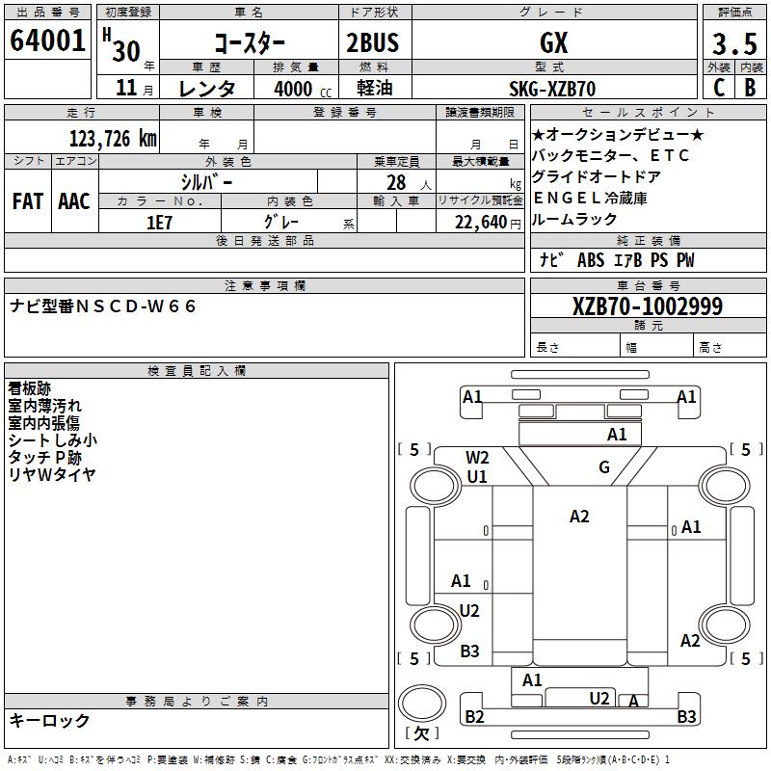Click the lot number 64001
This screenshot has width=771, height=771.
(47, 40)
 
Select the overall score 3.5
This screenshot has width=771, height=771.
(734, 43)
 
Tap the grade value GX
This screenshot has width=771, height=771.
(553, 42)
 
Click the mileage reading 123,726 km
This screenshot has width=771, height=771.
(113, 139)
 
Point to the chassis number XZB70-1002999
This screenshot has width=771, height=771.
(648, 306)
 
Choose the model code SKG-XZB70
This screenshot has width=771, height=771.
(552, 89)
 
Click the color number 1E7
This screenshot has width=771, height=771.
(159, 223)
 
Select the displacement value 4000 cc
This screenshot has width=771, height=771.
(303, 89)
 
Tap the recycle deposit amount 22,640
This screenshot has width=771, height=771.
(481, 223)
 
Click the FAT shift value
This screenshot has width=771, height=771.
(28, 201)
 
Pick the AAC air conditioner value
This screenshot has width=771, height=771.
(74, 201)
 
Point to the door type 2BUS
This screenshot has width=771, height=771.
(373, 42)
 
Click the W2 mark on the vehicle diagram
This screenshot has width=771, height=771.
(477, 458)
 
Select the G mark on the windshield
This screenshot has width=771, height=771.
(604, 466)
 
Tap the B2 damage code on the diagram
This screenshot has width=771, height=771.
(474, 717)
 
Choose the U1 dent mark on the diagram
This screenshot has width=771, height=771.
(477, 476)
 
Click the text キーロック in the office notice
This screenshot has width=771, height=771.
(49, 721)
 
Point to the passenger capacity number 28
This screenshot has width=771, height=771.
(396, 183)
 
